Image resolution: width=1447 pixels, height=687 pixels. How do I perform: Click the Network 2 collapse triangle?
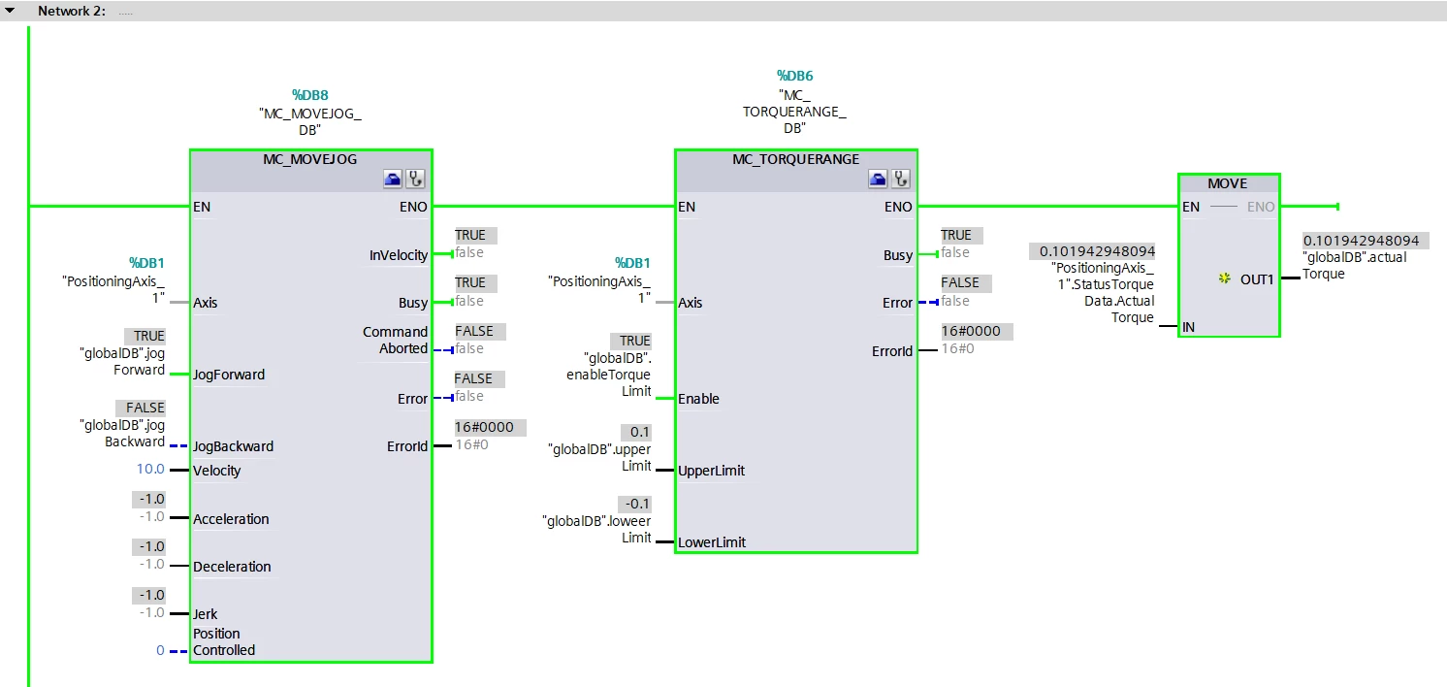10,11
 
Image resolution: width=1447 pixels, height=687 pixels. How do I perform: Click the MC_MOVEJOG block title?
309,159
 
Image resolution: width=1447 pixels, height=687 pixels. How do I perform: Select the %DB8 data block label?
310,95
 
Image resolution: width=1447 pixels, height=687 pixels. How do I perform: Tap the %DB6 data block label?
794,76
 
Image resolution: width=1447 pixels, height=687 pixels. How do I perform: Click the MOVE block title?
1228,183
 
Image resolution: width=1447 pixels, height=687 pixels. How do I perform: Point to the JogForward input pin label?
229,375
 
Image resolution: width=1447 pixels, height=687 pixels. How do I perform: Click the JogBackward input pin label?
233,446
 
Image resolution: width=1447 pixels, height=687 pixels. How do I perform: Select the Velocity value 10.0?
150,469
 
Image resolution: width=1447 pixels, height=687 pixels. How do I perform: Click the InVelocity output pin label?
399,255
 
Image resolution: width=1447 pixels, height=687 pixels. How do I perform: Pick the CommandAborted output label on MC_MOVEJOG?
396,340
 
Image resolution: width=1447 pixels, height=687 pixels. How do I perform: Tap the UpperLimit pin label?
711,471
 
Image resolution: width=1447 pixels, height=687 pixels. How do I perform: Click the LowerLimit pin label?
711,542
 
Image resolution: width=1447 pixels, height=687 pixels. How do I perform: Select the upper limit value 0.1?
639,432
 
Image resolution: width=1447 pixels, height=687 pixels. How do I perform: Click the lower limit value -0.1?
637,504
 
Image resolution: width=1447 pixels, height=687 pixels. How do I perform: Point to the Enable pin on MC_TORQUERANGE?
698,399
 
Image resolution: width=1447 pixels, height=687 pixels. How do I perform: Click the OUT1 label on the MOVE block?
1257,279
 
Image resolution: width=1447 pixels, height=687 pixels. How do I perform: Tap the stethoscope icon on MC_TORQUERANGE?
901,179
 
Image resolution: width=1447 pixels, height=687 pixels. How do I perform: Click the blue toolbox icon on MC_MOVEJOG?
393,179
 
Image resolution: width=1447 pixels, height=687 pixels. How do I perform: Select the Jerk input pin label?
205,614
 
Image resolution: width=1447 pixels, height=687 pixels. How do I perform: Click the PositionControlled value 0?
160,650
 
